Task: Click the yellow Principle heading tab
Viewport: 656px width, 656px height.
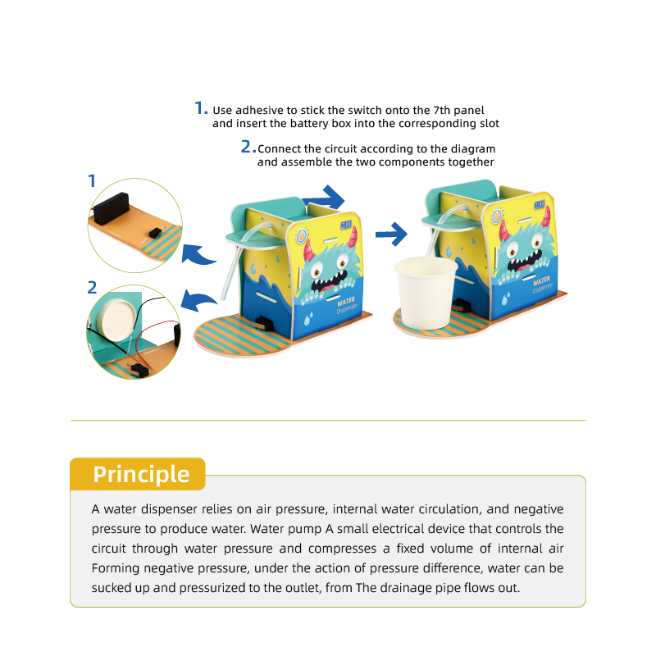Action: click(137, 474)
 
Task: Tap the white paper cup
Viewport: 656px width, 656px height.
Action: click(426, 293)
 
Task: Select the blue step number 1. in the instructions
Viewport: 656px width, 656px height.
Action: click(201, 108)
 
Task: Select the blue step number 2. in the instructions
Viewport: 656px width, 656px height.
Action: click(248, 147)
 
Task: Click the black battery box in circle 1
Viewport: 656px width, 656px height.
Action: click(111, 207)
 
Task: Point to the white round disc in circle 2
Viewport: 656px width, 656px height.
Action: click(116, 315)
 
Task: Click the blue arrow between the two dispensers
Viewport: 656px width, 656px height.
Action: click(391, 234)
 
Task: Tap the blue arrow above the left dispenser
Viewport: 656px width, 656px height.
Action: click(323, 198)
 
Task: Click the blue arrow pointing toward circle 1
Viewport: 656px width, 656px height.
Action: click(198, 254)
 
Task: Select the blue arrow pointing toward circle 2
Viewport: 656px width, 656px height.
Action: click(198, 301)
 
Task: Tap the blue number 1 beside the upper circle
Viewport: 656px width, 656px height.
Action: click(92, 180)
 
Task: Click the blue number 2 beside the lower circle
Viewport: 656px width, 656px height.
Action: click(92, 288)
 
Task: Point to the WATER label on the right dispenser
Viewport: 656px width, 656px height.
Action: click(541, 280)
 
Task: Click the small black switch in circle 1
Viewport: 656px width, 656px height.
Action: click(155, 233)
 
